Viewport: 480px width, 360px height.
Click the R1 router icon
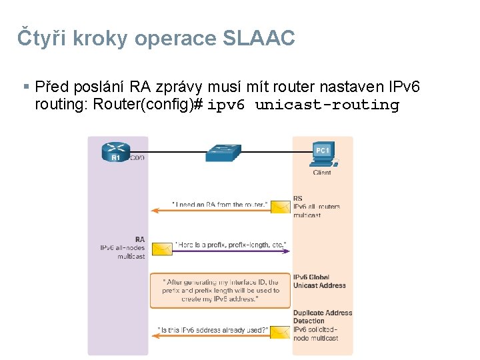(116, 152)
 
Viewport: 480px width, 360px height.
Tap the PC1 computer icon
(323, 153)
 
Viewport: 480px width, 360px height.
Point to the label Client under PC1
(322, 173)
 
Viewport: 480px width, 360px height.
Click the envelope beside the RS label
(280, 207)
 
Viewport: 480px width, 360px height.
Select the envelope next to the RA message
(162, 249)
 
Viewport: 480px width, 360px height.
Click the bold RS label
(297, 198)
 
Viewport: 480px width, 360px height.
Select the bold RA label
(140, 239)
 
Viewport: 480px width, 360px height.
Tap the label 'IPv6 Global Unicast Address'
(319, 281)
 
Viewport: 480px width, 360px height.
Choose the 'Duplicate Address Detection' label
(323, 317)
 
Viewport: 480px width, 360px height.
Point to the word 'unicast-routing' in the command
(327, 105)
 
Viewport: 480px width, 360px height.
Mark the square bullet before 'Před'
(26, 87)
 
